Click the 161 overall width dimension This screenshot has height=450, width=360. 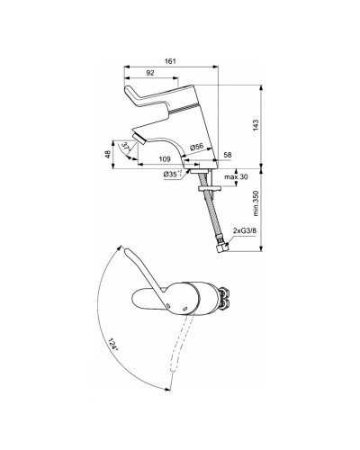pos(169,60)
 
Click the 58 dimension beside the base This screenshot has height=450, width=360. pos(229,156)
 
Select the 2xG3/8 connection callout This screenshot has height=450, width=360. pos(243,231)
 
